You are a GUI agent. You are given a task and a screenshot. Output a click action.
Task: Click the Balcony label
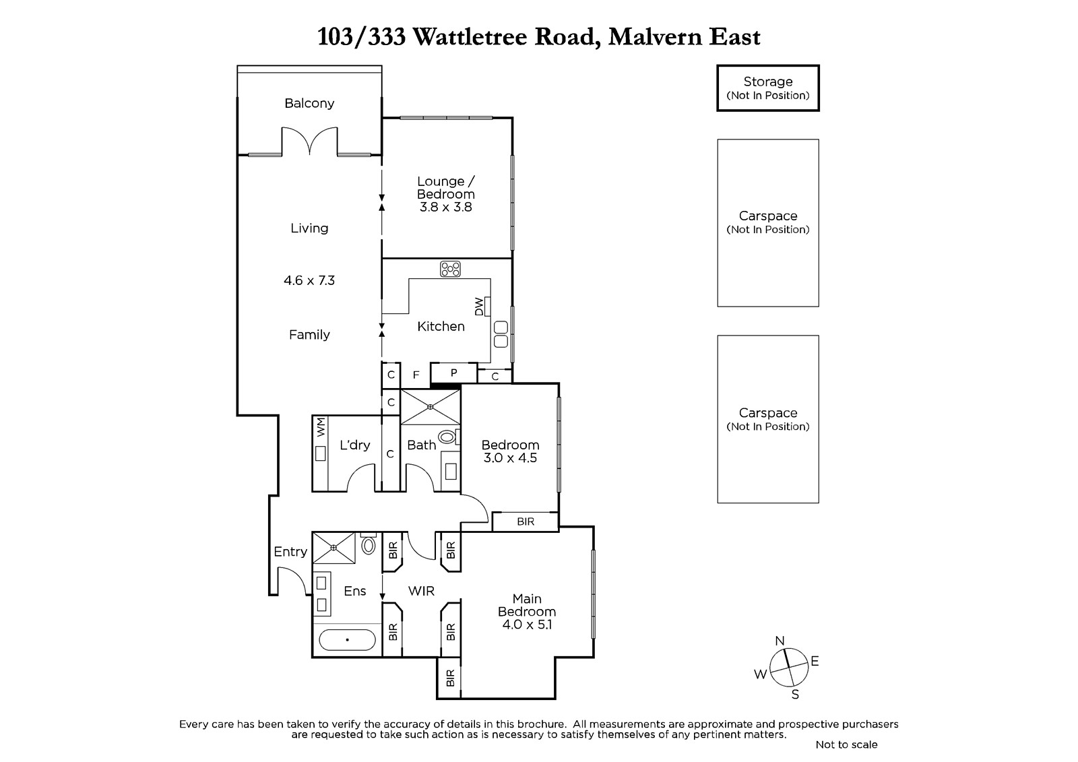pos(309,103)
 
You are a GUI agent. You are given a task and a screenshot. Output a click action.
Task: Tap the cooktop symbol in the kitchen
pos(450,269)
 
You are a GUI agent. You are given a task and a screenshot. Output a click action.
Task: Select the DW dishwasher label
pos(479,307)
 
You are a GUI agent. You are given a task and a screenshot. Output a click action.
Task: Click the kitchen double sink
pos(501,334)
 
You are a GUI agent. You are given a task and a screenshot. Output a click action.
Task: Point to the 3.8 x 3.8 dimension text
pos(445,207)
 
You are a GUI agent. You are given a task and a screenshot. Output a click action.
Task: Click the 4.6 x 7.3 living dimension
pos(309,280)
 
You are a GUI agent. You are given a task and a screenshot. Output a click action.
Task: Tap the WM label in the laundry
pos(321,427)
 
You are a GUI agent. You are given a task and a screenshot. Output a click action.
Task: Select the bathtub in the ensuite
pos(347,640)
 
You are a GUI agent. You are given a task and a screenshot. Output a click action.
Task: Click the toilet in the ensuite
pos(368,544)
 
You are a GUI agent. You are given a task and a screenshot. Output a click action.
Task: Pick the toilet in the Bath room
pos(448,437)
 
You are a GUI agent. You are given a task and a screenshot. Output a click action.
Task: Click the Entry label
pos(290,552)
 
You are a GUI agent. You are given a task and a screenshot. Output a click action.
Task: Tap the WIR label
pos(421,591)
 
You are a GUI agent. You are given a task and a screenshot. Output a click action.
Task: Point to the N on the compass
pos(780,641)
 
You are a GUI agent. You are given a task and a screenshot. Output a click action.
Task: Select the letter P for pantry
pos(453,373)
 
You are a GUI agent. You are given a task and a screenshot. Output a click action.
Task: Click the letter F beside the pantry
pos(416,375)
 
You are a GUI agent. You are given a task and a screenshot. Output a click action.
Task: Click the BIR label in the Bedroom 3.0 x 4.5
pos(526,521)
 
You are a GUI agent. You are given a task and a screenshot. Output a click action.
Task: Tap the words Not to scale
pos(846,744)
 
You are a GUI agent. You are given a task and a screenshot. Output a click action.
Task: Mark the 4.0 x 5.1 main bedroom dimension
pos(526,625)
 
